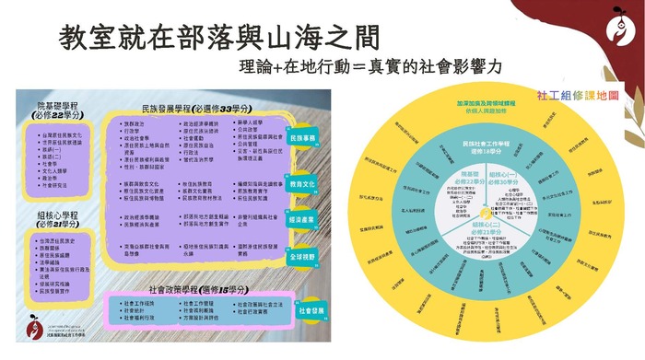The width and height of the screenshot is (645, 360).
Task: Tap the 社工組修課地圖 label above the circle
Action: pyautogui.click(x=578, y=95)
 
